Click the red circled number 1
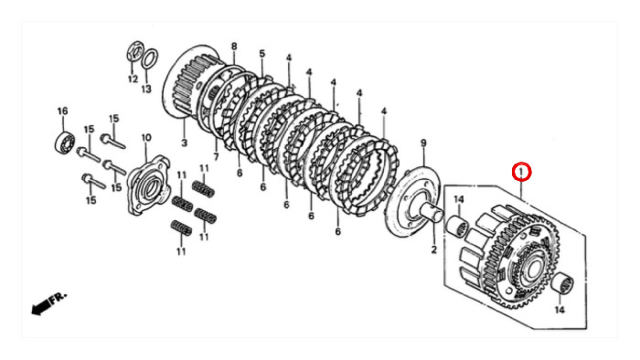click(x=521, y=172)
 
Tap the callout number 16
click(x=62, y=111)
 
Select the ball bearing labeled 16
click(x=65, y=141)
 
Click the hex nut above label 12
click(x=134, y=51)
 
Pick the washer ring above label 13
click(x=149, y=59)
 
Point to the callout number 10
click(x=146, y=138)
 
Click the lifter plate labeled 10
click(x=148, y=185)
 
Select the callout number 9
click(x=423, y=143)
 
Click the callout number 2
click(x=433, y=249)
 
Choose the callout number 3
click(x=185, y=143)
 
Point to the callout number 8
click(x=234, y=46)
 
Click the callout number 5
click(x=262, y=53)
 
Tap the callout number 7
click(x=216, y=156)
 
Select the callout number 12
click(x=133, y=79)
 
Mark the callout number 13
click(x=146, y=89)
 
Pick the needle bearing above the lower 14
click(x=563, y=283)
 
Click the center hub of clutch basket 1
click(x=534, y=269)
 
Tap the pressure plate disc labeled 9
click(x=412, y=203)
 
